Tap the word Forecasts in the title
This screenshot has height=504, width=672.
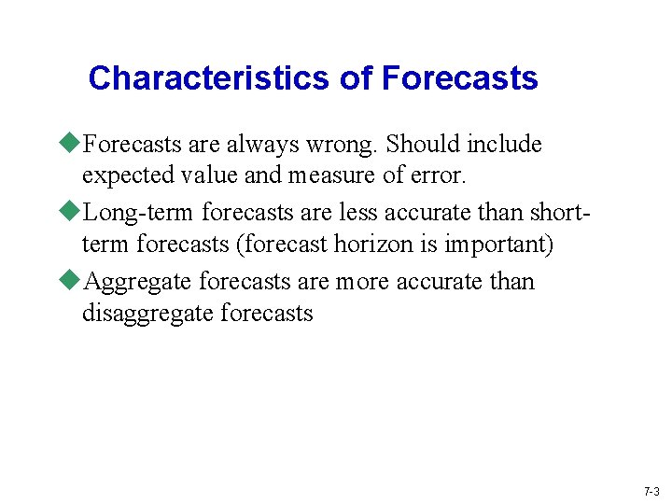click(x=459, y=78)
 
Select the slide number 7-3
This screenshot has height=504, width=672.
click(x=651, y=491)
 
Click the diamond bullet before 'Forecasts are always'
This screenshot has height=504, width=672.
click(x=73, y=144)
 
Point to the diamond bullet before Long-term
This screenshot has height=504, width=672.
click(x=73, y=213)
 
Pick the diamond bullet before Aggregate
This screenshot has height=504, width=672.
click(x=73, y=281)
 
